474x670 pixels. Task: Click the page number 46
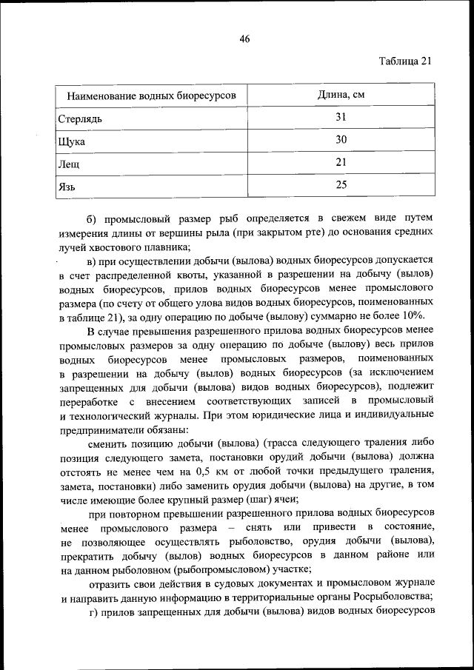point(244,40)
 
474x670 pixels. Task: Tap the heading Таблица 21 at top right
point(404,61)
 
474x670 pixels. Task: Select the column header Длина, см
point(341,95)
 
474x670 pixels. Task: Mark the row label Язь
point(67,187)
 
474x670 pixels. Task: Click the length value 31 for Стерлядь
point(341,117)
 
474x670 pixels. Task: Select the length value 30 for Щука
point(341,140)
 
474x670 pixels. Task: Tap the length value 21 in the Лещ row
point(341,162)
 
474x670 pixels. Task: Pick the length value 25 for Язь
point(341,185)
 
